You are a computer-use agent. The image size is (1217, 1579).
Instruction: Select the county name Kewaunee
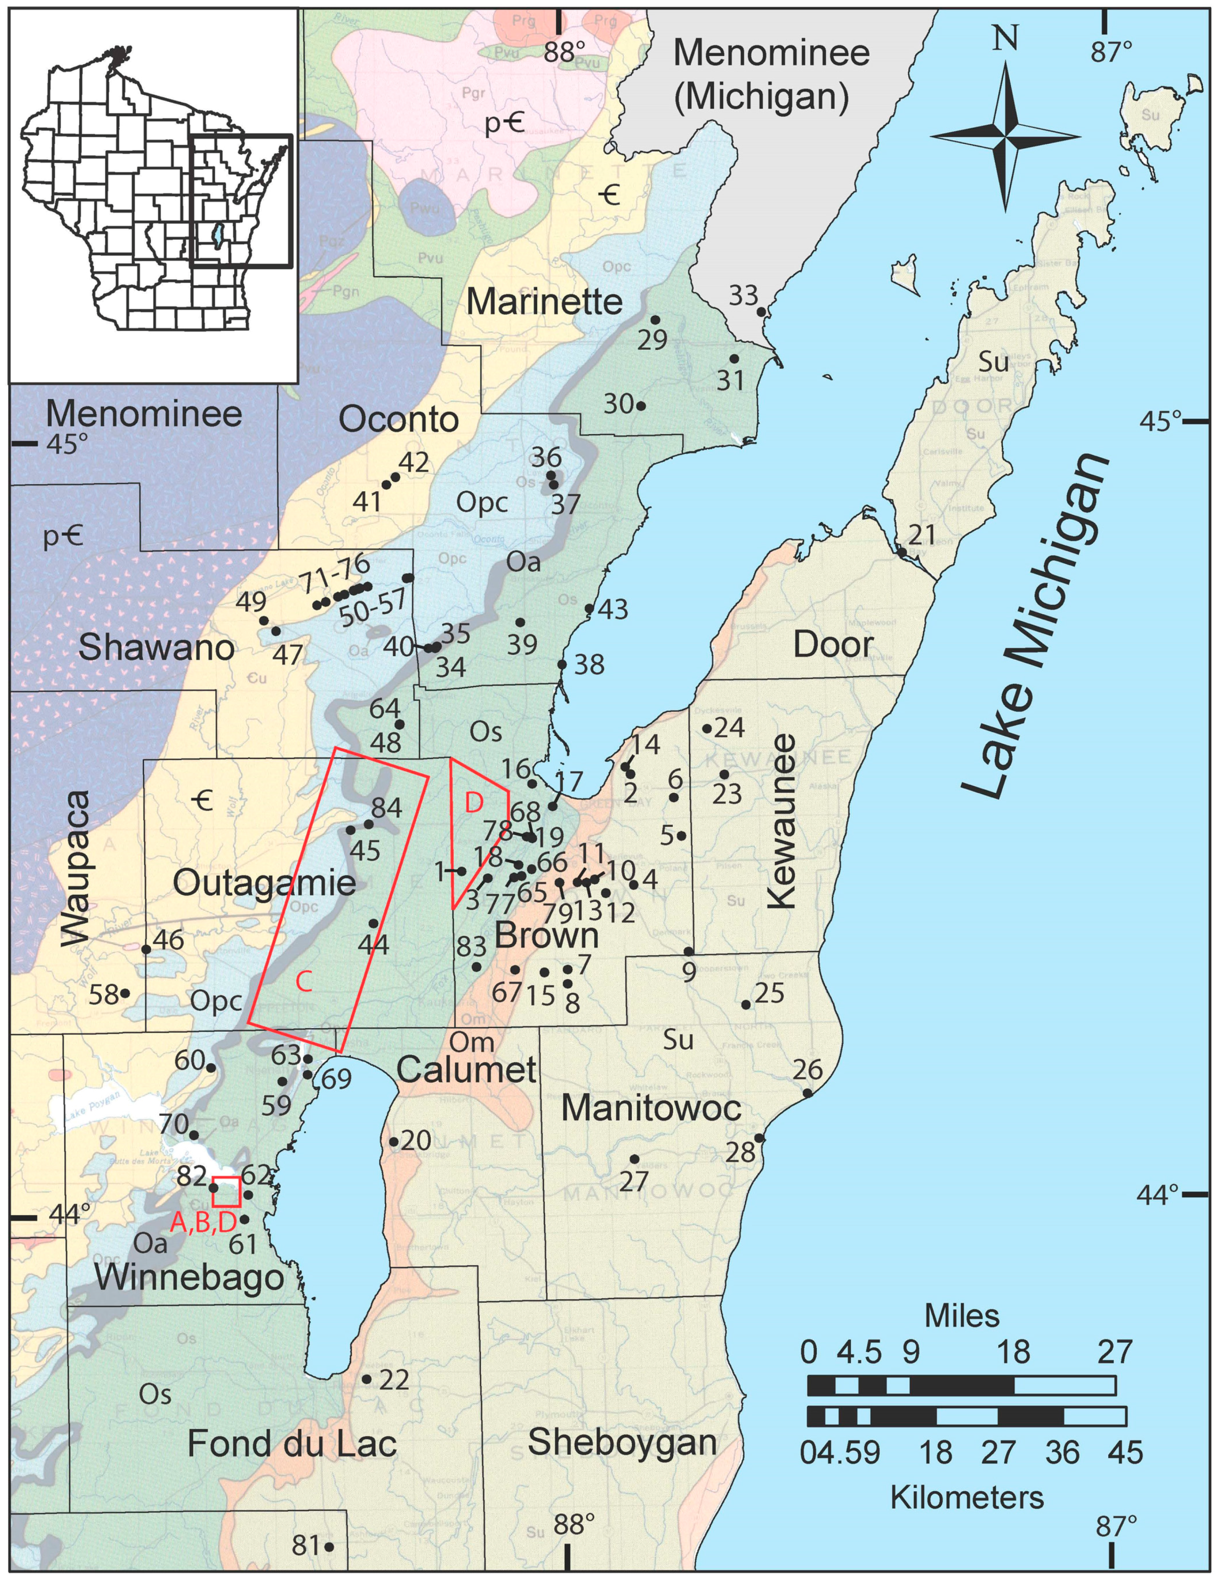pyautogui.click(x=783, y=821)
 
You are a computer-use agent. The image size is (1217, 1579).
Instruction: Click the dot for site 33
pyautogui.click(x=761, y=312)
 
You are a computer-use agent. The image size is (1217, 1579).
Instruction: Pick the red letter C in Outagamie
pyautogui.click(x=304, y=981)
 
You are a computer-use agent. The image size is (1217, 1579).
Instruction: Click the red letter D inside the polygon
pyautogui.click(x=473, y=803)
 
